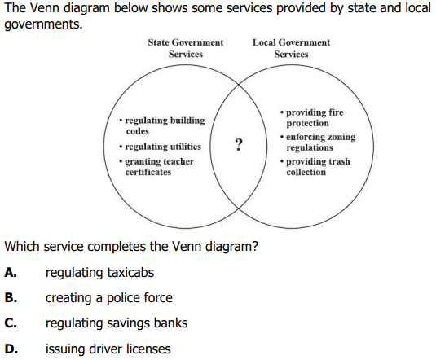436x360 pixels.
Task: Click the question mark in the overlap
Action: coord(239,145)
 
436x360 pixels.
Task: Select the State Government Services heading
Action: coord(186,48)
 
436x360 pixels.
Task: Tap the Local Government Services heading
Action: coord(291,48)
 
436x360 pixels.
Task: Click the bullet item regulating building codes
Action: coord(162,125)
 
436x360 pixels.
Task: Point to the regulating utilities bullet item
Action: coord(160,147)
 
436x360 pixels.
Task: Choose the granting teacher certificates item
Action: coord(156,166)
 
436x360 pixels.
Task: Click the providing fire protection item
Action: coord(311,117)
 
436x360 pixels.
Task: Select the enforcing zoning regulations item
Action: coord(318,142)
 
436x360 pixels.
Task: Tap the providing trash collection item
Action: coord(315,166)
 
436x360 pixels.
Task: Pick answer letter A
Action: coord(11,273)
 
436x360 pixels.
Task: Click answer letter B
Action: coord(11,298)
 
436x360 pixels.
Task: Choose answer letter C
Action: coord(11,323)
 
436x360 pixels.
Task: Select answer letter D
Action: coord(11,349)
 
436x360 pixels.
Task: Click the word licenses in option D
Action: coord(148,349)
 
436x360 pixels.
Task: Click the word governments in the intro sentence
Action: coord(43,24)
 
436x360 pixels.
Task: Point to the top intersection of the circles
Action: coord(239,84)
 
